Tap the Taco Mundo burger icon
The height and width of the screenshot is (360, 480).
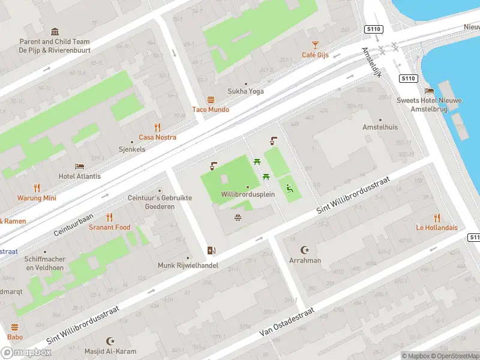(x=211, y=100)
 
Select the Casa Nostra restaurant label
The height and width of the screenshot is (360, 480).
(x=158, y=137)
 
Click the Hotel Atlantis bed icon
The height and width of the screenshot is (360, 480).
(x=79, y=166)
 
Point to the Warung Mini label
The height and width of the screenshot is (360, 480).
(x=37, y=198)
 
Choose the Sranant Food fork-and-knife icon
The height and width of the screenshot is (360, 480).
(x=109, y=217)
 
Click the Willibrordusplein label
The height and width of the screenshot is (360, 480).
(x=247, y=195)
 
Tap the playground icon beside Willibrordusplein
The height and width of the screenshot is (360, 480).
(x=290, y=188)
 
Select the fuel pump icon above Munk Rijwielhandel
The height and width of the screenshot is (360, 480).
(x=211, y=251)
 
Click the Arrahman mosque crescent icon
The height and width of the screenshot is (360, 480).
(x=305, y=250)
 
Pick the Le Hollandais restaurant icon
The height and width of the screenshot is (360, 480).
(x=437, y=218)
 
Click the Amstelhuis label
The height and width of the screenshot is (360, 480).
(x=380, y=127)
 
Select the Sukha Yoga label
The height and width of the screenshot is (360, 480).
(x=245, y=91)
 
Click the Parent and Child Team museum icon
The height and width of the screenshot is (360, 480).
(x=55, y=32)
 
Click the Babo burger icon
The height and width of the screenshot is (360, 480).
(x=15, y=328)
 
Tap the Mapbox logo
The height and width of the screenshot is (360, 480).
(x=26, y=353)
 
